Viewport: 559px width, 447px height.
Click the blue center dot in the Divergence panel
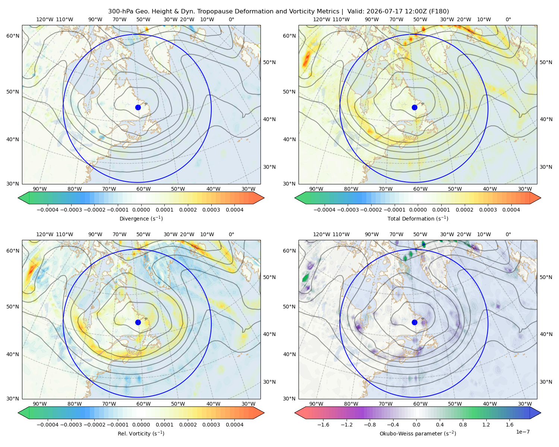[138, 107]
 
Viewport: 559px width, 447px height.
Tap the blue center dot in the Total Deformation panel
[414, 107]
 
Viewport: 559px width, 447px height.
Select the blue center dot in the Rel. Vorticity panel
[138, 322]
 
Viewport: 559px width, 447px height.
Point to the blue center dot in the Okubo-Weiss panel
[414, 322]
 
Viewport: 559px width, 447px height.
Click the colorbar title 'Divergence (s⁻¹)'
[141, 218]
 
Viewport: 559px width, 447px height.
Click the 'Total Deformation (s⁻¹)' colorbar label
[418, 218]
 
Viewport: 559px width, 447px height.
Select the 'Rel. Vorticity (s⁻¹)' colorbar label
[141, 434]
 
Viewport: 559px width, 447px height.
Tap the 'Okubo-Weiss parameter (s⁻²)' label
[418, 434]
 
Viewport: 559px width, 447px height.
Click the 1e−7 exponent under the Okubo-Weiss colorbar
[522, 432]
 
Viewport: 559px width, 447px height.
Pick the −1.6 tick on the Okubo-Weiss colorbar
[323, 425]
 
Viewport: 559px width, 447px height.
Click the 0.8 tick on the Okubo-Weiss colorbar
[463, 425]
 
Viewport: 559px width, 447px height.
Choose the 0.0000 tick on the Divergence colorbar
[141, 210]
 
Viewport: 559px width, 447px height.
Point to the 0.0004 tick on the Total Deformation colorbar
[511, 210]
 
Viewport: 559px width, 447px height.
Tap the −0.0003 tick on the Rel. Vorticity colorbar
[71, 425]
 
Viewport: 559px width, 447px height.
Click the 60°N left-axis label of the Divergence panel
[13, 36]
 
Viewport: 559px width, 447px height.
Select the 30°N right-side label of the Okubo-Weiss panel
[546, 382]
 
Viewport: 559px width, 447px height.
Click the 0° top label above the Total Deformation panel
[508, 19]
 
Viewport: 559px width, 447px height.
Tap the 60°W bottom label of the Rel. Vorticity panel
[143, 404]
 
